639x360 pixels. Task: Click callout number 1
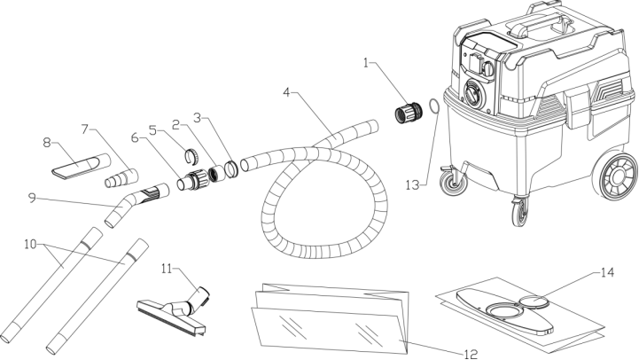point(368,64)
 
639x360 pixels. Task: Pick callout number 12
point(471,352)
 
